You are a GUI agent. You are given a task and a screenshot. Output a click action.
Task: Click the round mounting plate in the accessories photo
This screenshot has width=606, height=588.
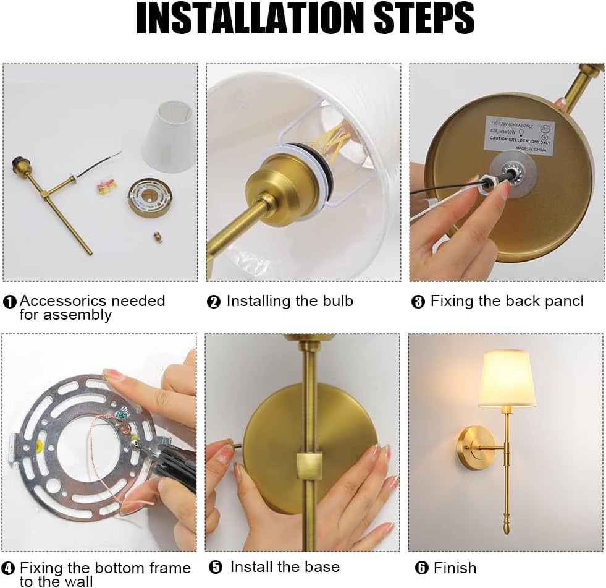149,197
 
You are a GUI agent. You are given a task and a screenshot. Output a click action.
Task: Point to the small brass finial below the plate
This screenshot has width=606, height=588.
158,237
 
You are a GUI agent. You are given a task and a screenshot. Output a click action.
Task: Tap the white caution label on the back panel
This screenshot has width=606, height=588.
518,134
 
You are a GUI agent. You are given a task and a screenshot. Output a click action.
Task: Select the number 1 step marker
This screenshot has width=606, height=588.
10,302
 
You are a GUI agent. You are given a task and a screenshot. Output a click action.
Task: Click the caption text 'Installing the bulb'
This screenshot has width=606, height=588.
289,302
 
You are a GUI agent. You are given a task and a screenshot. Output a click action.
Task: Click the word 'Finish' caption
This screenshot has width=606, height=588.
455,568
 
